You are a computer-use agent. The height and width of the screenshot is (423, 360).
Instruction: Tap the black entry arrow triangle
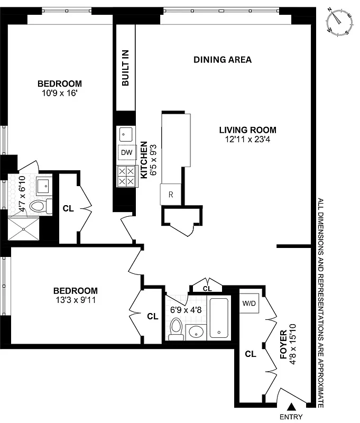click(291, 407)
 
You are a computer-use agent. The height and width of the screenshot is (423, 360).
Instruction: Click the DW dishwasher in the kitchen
click(126, 153)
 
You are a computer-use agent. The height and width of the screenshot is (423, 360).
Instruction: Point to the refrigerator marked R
click(170, 194)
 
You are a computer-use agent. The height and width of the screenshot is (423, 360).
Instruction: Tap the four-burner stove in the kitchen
click(126, 176)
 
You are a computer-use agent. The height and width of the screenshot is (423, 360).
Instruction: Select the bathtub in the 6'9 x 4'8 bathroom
click(218, 318)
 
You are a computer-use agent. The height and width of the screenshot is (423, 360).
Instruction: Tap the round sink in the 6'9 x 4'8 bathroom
click(196, 332)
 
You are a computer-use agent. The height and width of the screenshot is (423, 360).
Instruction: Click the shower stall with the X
click(24, 228)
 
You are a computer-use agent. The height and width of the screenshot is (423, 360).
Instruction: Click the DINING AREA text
click(222, 60)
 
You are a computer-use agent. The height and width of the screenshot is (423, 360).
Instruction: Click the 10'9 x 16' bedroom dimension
click(60, 93)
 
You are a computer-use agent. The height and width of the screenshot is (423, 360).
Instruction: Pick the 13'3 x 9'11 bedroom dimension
click(76, 300)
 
